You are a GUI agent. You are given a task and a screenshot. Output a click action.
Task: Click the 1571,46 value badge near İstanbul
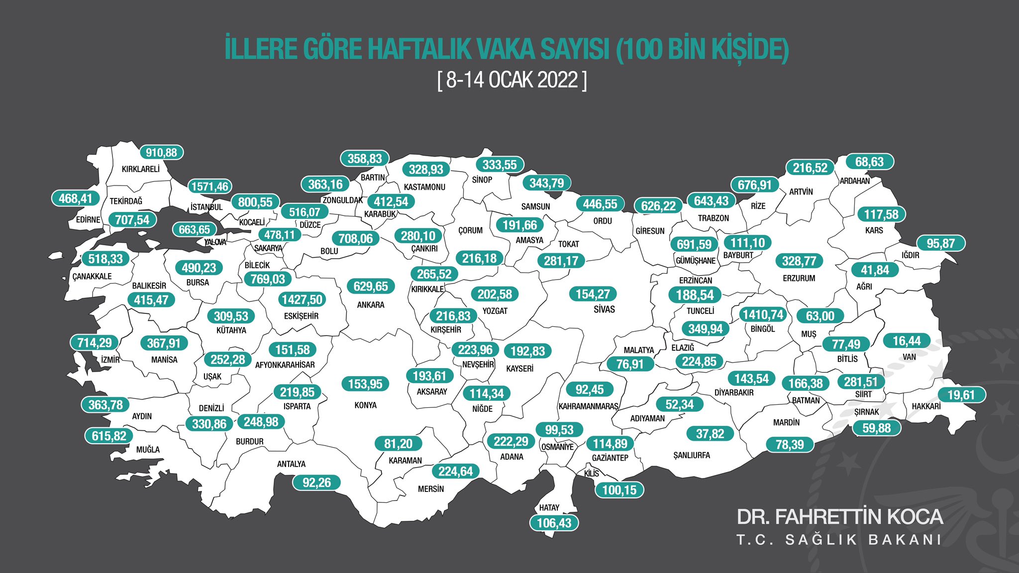pyautogui.click(x=209, y=187)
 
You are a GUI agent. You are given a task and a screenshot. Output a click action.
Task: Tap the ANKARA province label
pyautogui.click(x=371, y=305)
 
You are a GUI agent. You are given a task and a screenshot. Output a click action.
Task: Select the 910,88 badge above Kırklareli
pyautogui.click(x=161, y=153)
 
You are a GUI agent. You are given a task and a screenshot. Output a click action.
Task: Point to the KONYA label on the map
pyautogui.click(x=365, y=405)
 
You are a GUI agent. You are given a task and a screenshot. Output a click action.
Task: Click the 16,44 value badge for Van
pyautogui.click(x=907, y=341)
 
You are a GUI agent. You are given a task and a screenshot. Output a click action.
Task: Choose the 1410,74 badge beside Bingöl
pyautogui.click(x=762, y=314)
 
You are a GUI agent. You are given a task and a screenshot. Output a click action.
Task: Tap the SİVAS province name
pyautogui.click(x=604, y=309)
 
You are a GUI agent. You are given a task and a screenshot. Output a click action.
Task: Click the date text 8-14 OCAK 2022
pyautogui.click(x=512, y=80)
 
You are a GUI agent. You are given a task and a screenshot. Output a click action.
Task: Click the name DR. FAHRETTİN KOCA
pyautogui.click(x=839, y=517)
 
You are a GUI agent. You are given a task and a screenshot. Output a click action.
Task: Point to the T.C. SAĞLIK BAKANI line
pyautogui.click(x=839, y=540)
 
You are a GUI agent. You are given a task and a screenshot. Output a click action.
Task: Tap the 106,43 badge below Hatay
pyautogui.click(x=554, y=523)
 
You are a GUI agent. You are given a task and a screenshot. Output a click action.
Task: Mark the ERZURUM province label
pyautogui.click(x=799, y=279)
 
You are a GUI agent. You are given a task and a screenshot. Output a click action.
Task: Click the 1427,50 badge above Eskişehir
pyautogui.click(x=302, y=299)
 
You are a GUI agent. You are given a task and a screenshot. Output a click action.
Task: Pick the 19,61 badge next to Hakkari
pyautogui.click(x=961, y=395)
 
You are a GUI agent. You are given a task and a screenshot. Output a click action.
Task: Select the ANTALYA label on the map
pyautogui.click(x=291, y=464)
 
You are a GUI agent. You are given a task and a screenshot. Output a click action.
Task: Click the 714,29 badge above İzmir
pyautogui.click(x=95, y=343)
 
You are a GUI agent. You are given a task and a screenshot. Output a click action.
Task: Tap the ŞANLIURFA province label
pyautogui.click(x=692, y=455)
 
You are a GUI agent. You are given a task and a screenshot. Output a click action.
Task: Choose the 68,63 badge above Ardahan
pyautogui.click(x=869, y=162)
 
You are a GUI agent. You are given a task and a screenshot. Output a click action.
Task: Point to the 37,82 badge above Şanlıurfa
pyautogui.click(x=710, y=434)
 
